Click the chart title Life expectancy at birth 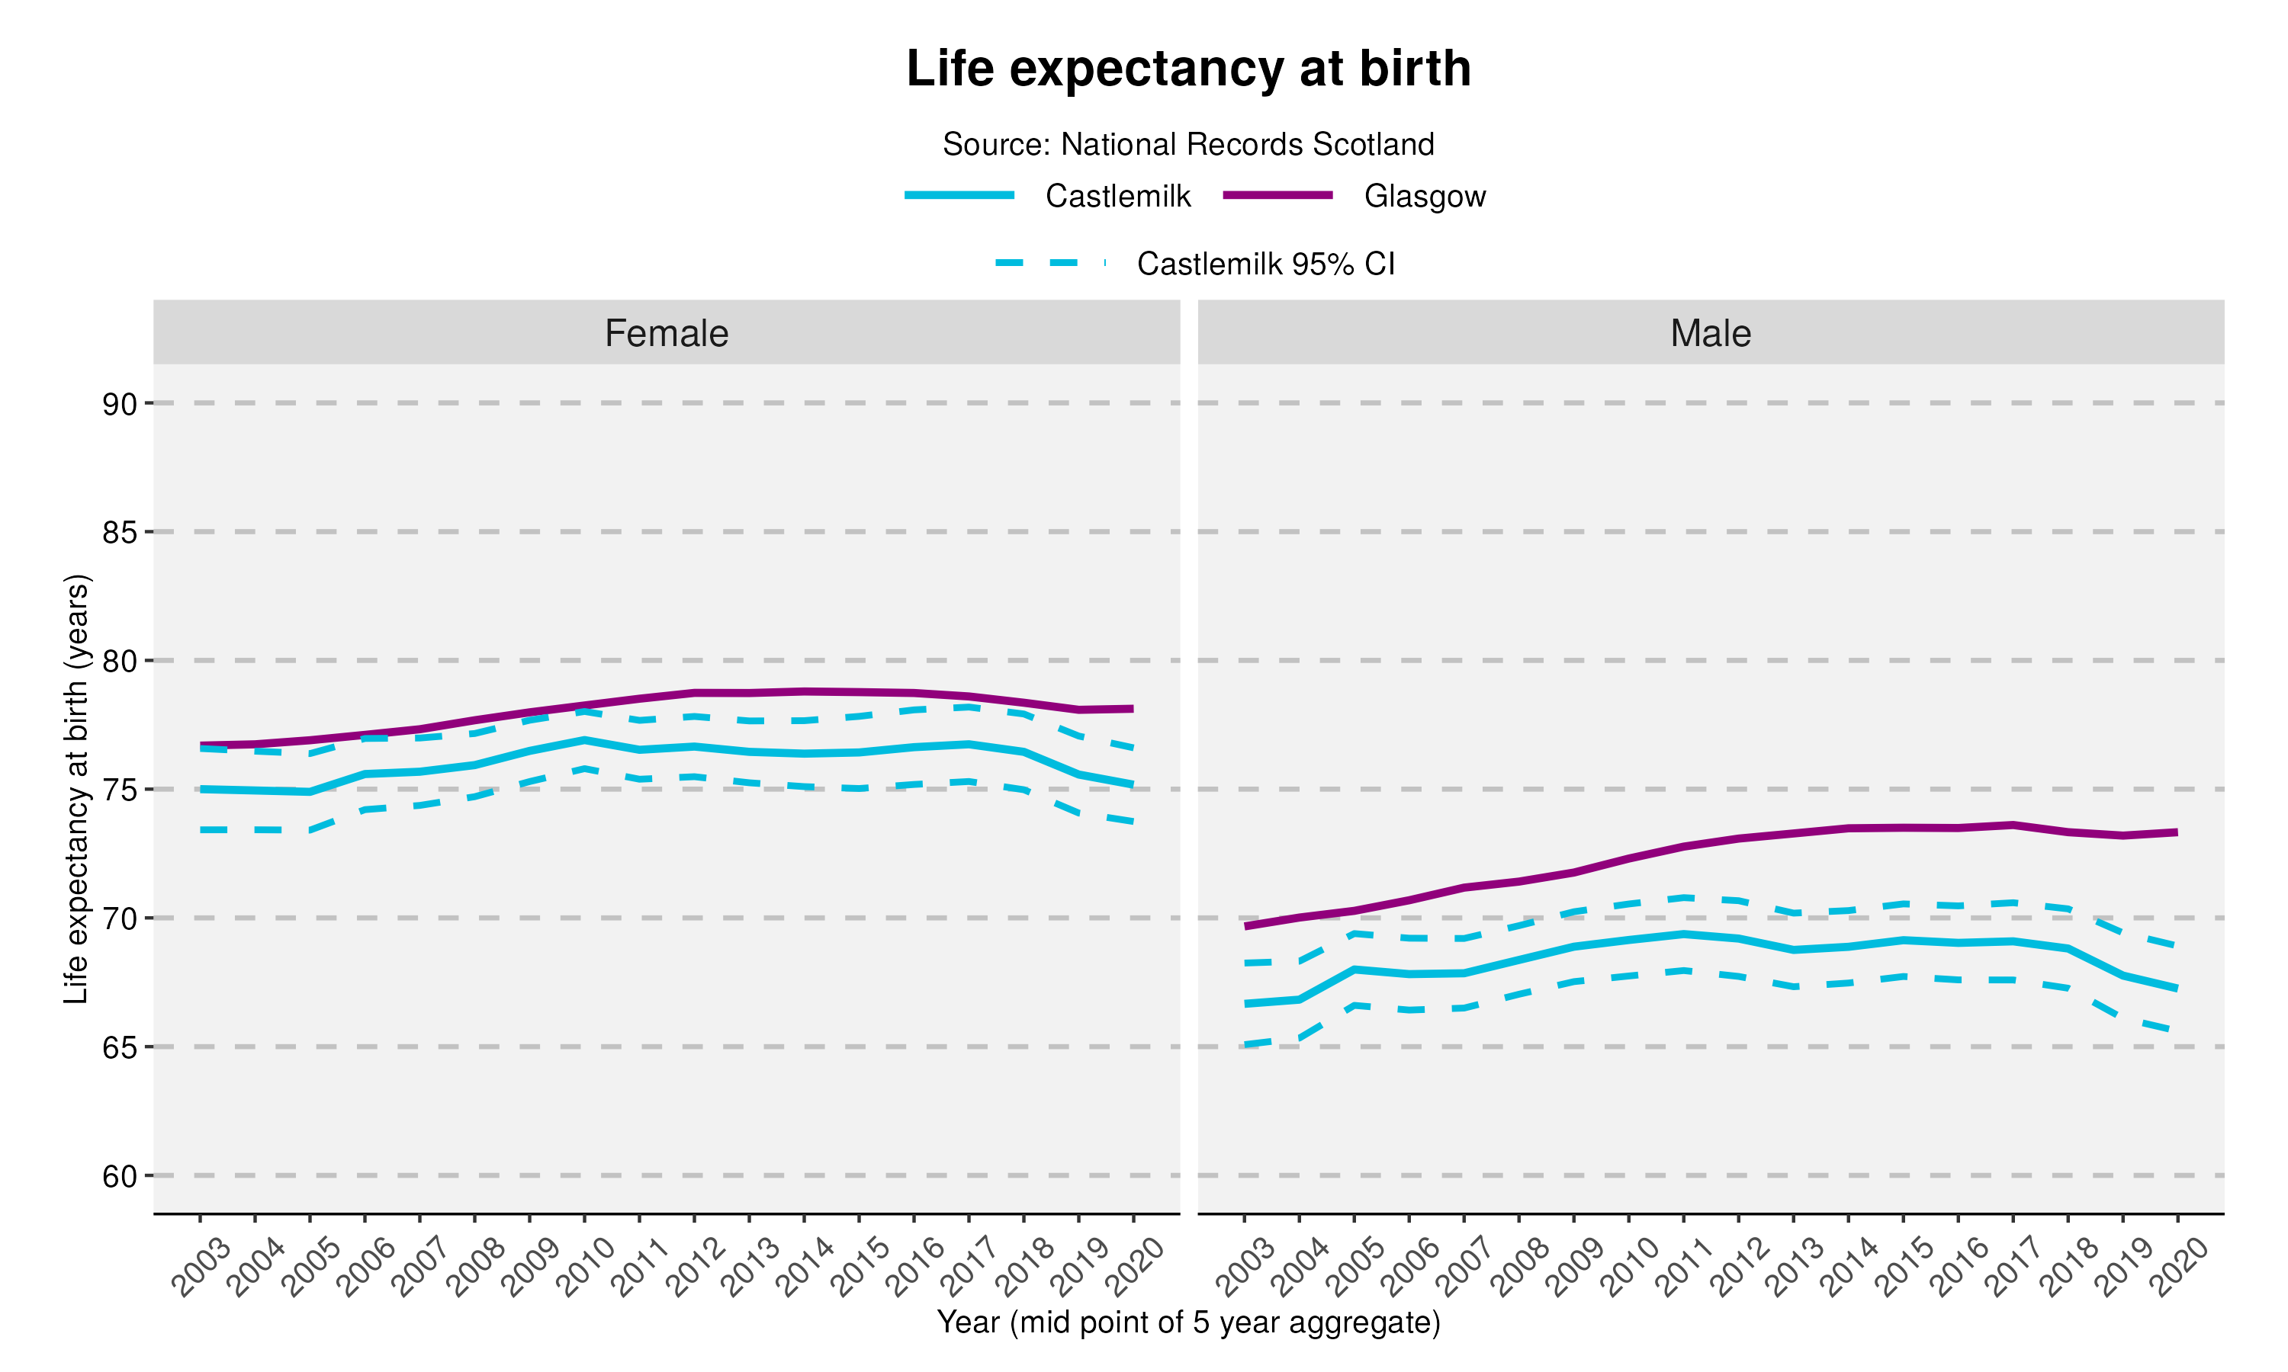click(1188, 69)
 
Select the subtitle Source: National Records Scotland click(1188, 144)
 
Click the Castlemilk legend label click(1117, 196)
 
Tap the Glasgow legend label click(1424, 196)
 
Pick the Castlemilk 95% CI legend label click(1265, 264)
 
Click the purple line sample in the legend click(1277, 195)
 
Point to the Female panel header click(666, 333)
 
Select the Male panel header click(1710, 333)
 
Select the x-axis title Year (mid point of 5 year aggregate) click(1188, 1322)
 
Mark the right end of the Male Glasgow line click(2176, 832)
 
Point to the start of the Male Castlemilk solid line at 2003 click(1245, 1003)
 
